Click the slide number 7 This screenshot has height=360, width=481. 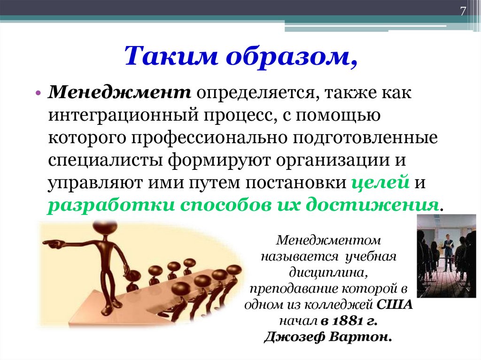[463, 12]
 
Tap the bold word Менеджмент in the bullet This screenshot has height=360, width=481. [120, 93]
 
